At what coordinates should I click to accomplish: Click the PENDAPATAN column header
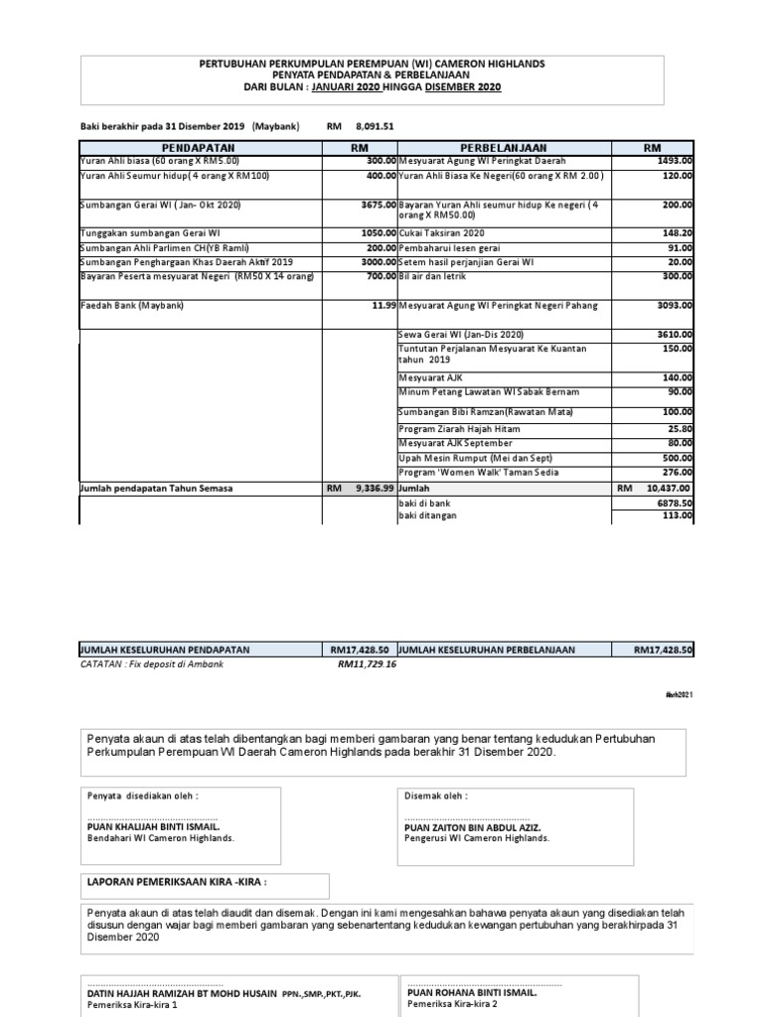tap(200, 147)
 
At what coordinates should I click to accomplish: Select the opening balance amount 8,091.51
tap(375, 126)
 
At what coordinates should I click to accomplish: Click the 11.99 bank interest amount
tap(383, 306)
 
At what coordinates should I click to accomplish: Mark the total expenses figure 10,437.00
tap(668, 489)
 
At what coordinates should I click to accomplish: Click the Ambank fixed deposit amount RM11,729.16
tap(367, 663)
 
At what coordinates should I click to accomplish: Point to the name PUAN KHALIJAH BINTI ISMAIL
tap(154, 826)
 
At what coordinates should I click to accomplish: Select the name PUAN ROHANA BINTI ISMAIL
tap(472, 992)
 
